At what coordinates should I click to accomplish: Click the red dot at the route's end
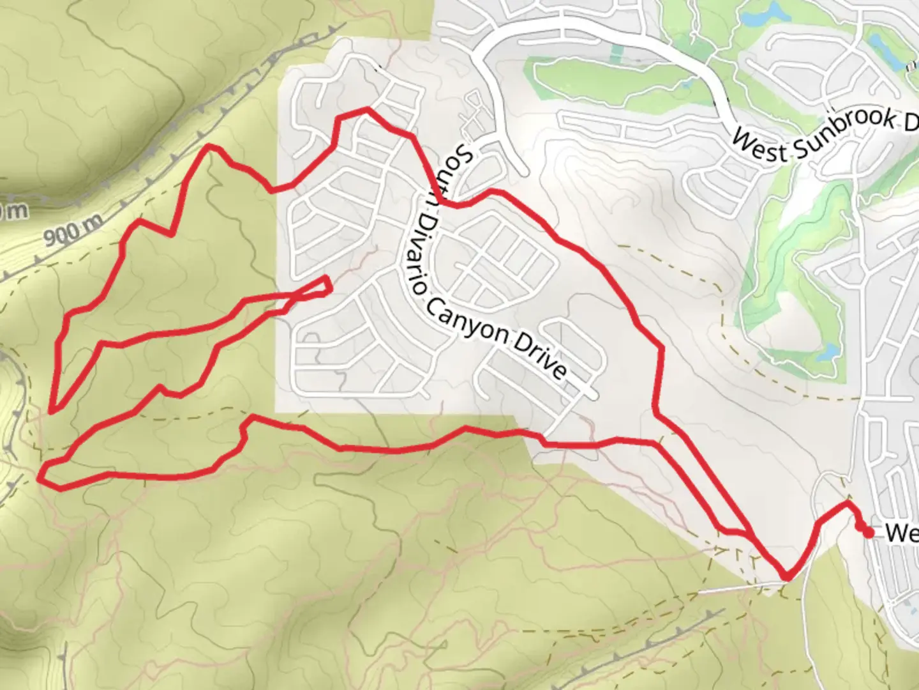(x=868, y=533)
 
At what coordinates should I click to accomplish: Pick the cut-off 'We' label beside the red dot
(x=901, y=533)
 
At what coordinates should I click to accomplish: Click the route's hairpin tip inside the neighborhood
(x=327, y=285)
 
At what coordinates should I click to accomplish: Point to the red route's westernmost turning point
(x=41, y=476)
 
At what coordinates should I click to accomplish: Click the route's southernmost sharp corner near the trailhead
(x=788, y=578)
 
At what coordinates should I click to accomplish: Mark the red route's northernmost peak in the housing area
(x=366, y=110)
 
